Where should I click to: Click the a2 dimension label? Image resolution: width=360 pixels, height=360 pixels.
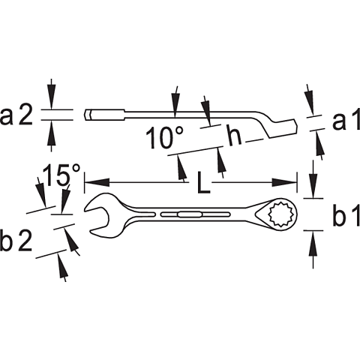tap(16, 115)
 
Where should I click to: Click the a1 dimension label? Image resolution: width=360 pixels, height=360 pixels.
tap(346, 119)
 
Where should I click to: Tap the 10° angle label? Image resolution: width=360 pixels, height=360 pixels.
tap(165, 138)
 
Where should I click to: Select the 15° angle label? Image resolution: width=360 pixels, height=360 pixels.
tap(62, 175)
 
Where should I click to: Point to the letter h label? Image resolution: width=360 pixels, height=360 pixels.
tap(235, 135)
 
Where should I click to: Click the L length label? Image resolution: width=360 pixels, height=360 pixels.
tap(203, 182)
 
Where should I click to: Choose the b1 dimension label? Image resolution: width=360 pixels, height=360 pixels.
tap(346, 214)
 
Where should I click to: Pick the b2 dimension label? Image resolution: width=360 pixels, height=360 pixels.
tap(16, 240)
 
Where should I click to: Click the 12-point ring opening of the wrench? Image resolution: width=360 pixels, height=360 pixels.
tap(281, 214)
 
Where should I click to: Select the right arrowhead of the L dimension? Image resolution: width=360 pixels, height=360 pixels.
tap(284, 182)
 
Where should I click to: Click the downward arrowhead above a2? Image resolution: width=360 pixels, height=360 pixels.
tap(52, 96)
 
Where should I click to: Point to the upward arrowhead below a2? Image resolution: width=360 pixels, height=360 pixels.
tap(52, 133)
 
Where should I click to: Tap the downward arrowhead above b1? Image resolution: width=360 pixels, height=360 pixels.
tap(313, 185)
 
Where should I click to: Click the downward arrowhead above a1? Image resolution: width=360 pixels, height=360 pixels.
tap(310, 103)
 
